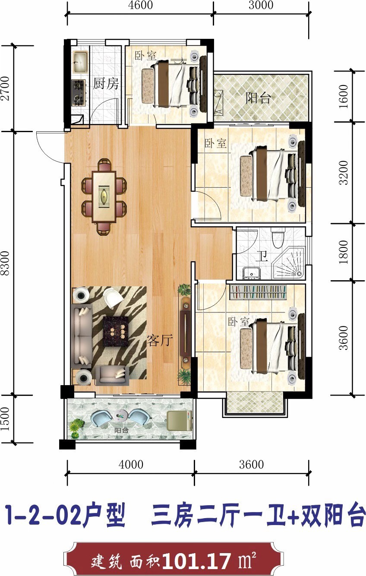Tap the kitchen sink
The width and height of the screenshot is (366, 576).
[x=81, y=62]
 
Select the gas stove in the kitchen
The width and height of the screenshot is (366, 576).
[x=79, y=92]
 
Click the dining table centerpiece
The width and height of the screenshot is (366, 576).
[x=104, y=196]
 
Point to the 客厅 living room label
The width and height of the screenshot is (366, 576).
[x=160, y=341]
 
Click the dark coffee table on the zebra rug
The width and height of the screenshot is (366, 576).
[x=116, y=332]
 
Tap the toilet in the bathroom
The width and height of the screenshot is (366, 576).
[x=278, y=238]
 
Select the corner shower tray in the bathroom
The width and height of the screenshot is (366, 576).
[x=289, y=263]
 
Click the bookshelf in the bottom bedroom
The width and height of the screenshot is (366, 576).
[x=258, y=292]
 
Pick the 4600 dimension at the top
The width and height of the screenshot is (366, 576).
[x=140, y=5]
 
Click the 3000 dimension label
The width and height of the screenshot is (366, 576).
[x=261, y=5]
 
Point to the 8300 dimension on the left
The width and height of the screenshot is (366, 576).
[x=5, y=263]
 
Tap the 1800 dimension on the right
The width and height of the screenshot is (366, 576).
[x=344, y=252]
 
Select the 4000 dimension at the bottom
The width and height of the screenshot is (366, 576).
[x=131, y=465]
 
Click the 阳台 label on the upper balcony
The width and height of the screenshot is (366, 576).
[x=258, y=98]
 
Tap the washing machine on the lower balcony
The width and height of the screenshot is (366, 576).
[x=179, y=421]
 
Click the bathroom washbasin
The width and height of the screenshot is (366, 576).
[x=252, y=273]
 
